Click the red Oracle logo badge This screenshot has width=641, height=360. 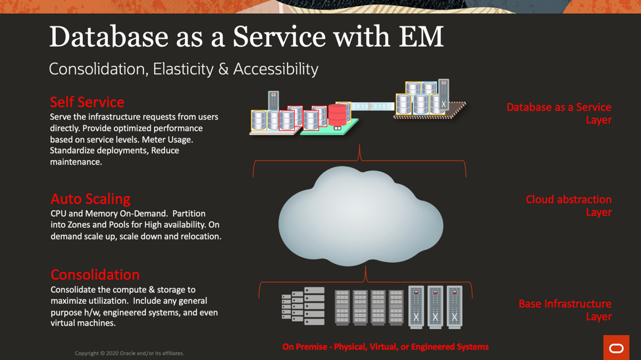click(x=616, y=348)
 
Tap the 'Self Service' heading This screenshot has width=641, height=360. click(x=87, y=102)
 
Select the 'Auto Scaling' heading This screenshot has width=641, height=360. click(x=90, y=199)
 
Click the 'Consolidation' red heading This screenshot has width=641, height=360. click(x=95, y=274)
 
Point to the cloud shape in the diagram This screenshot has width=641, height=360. click(x=360, y=217)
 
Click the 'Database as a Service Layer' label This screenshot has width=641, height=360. click(x=559, y=113)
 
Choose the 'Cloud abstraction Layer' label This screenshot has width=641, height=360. click(x=569, y=205)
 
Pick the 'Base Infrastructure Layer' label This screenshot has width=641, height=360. click(x=565, y=310)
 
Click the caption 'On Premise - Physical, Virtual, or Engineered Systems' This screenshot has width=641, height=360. click(x=385, y=347)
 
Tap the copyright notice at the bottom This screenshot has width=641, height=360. click(x=129, y=353)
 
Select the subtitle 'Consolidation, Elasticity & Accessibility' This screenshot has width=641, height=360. click(x=183, y=69)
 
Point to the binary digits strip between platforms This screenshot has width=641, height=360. click(x=372, y=106)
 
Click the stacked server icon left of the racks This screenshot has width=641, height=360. click(x=304, y=306)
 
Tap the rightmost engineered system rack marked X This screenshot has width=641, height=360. click(x=454, y=307)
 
